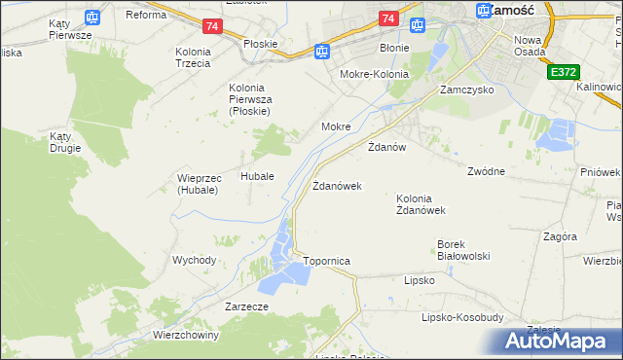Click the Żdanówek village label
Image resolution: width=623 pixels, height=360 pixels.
337,185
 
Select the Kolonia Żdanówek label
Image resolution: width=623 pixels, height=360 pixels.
421,204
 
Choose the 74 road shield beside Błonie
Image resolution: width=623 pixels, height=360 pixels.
388,18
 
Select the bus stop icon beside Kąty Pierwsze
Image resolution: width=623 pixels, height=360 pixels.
92,17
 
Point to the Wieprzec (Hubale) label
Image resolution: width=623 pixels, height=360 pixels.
199,184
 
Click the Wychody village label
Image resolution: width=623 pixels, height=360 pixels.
194,260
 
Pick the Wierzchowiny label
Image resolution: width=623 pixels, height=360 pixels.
186,335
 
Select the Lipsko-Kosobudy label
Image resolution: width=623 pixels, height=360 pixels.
461,317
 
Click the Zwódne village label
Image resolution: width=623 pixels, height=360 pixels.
486,171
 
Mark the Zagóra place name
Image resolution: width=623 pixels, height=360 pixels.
560,236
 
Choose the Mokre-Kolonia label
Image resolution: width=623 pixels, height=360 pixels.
372,74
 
